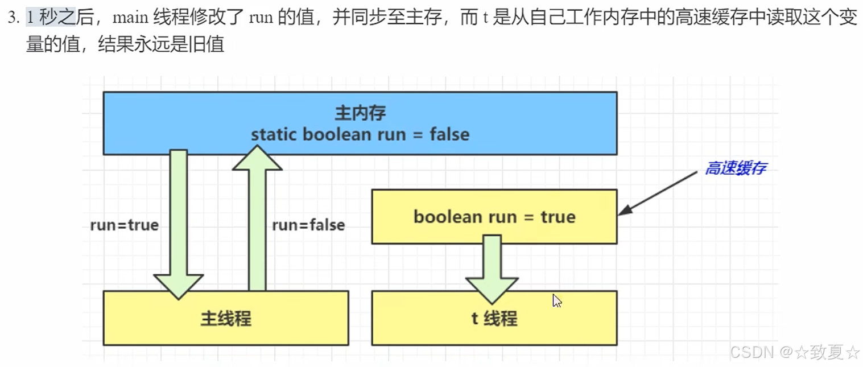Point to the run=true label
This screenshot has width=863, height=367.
click(124, 225)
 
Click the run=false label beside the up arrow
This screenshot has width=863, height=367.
click(308, 225)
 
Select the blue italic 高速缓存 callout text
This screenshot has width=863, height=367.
click(735, 168)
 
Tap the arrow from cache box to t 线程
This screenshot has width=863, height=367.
click(492, 267)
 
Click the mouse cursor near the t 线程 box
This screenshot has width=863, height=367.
click(556, 300)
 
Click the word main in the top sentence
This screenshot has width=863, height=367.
click(130, 18)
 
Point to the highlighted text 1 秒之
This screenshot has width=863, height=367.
click(51, 18)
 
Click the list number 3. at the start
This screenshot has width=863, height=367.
click(14, 18)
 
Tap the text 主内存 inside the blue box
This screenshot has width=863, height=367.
click(360, 113)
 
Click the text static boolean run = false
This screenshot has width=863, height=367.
click(360, 134)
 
